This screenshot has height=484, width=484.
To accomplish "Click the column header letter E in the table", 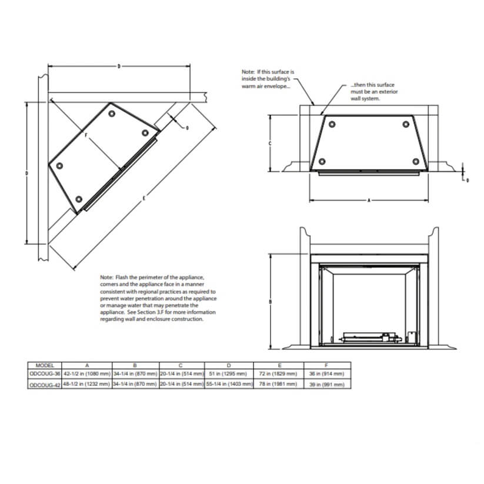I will [x=278, y=365].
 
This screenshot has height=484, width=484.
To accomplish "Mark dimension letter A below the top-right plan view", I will [x=369, y=201].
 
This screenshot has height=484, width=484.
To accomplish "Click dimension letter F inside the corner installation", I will [x=86, y=135].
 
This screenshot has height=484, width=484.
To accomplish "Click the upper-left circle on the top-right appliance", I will [x=332, y=124].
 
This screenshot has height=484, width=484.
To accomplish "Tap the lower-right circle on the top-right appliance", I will [x=416, y=162].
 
